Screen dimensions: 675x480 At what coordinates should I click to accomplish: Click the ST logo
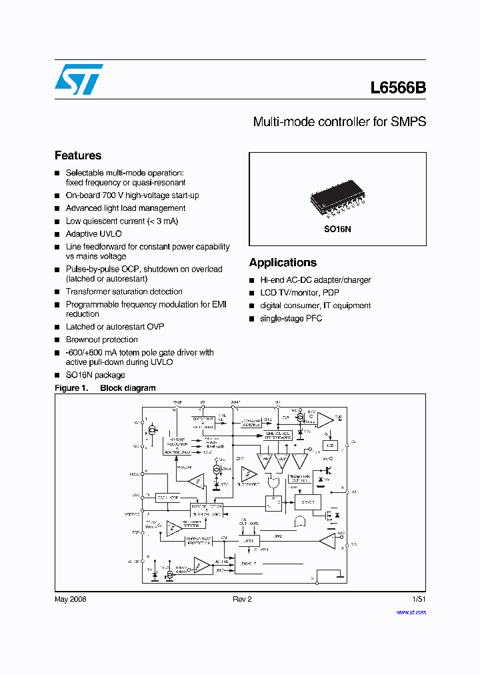[x=79, y=79]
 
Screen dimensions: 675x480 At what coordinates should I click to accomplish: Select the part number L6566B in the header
[x=398, y=87]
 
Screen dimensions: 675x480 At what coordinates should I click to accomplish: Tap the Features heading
[x=78, y=155]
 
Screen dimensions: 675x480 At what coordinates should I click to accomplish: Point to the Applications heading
[x=283, y=263]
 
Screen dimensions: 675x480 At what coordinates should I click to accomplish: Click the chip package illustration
[x=337, y=198]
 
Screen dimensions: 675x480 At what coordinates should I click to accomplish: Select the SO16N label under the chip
[x=338, y=228]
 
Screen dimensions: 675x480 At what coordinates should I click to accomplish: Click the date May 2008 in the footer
[x=70, y=599]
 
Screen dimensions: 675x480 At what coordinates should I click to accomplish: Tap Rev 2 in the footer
[x=242, y=599]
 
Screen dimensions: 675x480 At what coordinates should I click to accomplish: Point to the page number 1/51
[x=419, y=599]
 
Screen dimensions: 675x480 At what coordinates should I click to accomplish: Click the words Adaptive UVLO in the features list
[x=94, y=234]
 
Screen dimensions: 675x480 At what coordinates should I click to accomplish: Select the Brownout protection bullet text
[x=101, y=340]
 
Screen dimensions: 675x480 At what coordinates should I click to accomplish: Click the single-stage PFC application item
[x=291, y=318]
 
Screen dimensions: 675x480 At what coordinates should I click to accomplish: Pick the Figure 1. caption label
[x=71, y=388]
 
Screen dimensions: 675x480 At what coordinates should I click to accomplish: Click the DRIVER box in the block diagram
[x=308, y=502]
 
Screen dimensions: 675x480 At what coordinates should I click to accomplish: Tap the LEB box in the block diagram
[x=330, y=445]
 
